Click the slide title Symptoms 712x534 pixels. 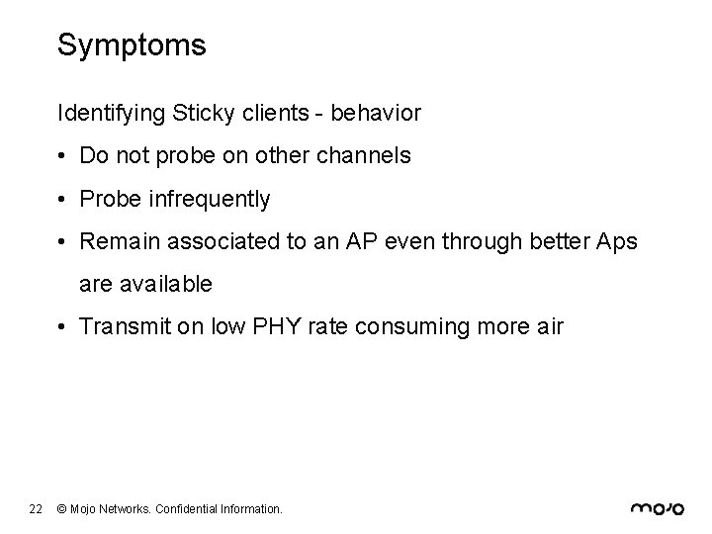pos(132,45)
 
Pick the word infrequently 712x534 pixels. pos(208,199)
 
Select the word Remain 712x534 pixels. pos(115,241)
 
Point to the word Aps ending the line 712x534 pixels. pos(617,241)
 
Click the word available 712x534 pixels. pos(163,284)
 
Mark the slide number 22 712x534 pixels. pos(36,509)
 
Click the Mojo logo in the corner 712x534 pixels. pos(657,508)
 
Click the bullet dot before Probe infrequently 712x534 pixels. pos(63,200)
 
